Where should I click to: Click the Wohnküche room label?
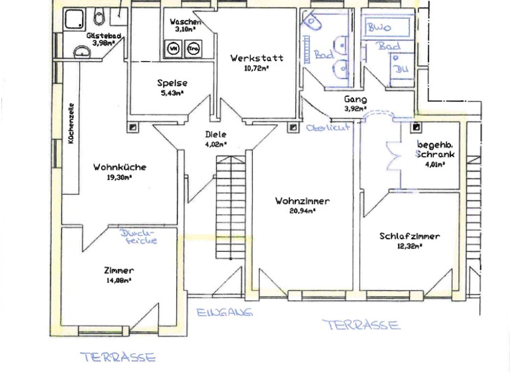120,167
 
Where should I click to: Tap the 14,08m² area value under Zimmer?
119,281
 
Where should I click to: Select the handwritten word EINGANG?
224,312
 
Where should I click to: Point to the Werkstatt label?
257,58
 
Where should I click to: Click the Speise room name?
172,83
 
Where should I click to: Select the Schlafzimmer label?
410,236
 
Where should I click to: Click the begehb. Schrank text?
436,149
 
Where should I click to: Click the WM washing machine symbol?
174,48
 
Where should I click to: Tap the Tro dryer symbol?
194,48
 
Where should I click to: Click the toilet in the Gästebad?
99,17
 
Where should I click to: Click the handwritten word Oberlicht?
328,128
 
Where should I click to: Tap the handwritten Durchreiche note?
140,237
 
